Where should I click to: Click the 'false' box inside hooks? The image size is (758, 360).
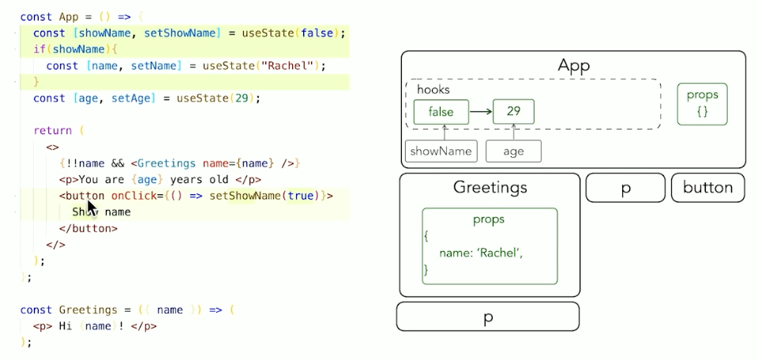click(x=441, y=112)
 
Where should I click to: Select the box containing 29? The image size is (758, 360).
click(x=513, y=111)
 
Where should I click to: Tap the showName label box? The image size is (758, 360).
click(x=441, y=151)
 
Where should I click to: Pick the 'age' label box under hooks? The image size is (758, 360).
click(x=513, y=151)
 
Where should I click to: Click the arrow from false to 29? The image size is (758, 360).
click(x=480, y=112)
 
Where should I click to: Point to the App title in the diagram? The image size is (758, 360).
click(x=573, y=66)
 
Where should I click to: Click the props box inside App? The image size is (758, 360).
click(x=702, y=104)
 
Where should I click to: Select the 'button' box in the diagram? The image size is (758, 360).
click(x=707, y=188)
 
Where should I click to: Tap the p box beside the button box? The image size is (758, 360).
click(x=625, y=188)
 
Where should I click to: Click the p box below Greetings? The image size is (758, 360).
click(x=487, y=317)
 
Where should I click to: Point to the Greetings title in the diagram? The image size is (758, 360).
click(x=490, y=188)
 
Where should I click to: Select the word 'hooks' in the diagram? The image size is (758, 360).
click(x=433, y=89)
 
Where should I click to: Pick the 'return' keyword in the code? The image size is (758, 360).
click(x=52, y=131)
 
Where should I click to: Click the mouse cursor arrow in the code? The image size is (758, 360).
click(x=92, y=208)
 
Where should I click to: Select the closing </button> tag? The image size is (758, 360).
click(x=88, y=228)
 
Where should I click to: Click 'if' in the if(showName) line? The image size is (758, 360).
click(x=38, y=49)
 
